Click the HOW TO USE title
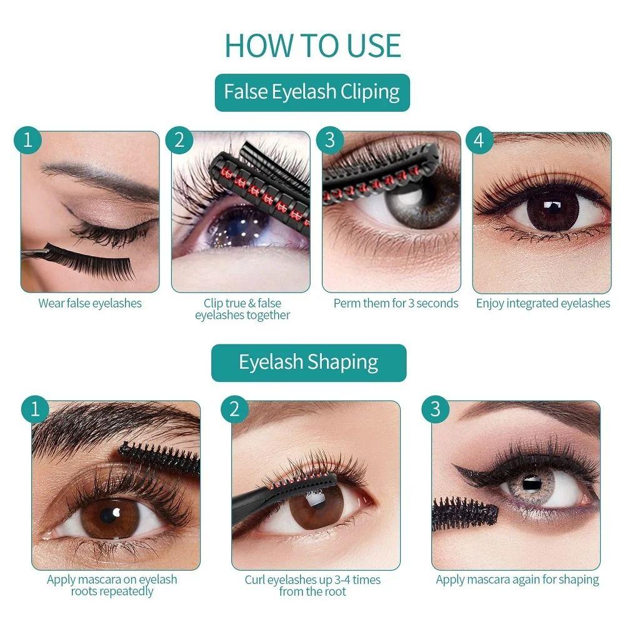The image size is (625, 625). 312,45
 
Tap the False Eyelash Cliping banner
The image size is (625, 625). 312,92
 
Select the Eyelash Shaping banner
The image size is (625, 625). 308,362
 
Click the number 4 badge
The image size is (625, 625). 479,141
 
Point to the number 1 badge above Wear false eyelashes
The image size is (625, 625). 27,141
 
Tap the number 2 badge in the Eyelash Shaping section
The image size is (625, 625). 234,410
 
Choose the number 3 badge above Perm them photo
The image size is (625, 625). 329,141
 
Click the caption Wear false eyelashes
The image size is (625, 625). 90,304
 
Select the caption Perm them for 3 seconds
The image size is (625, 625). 396,304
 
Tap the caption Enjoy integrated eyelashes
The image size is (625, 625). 542,304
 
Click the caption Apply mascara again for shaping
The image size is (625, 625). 517,580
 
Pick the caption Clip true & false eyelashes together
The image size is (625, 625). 242,309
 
